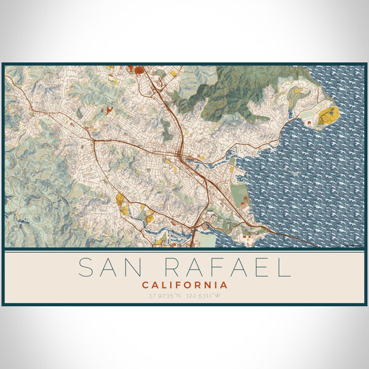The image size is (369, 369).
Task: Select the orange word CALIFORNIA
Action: coord(184,285)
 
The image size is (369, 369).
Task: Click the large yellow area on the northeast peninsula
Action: coord(328,115)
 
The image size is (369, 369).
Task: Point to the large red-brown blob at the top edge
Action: coord(139,69)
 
